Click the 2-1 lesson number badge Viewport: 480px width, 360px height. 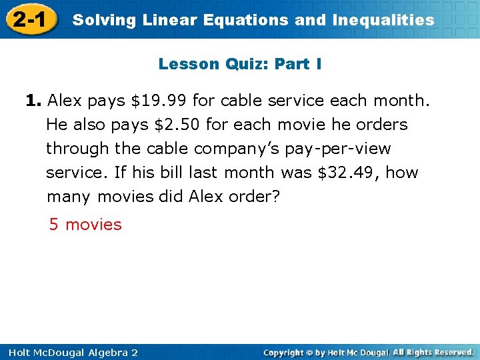click(29, 19)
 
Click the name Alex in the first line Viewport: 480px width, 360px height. click(65, 101)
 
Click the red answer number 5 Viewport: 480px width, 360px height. click(54, 225)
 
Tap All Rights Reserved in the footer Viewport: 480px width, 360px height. click(433, 352)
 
